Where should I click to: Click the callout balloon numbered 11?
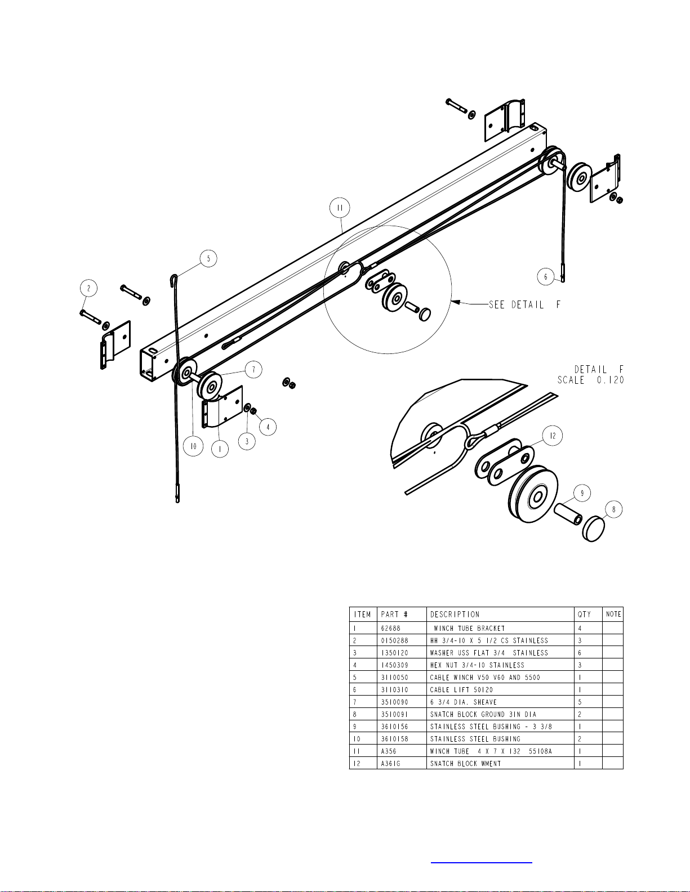tap(340, 208)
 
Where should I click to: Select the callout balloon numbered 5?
tap(208, 259)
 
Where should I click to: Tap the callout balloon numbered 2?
tap(89, 288)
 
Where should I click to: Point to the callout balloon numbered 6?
tap(546, 277)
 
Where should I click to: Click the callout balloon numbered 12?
tap(553, 436)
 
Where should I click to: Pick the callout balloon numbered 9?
tap(582, 492)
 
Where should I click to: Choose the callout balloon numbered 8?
tap(613, 509)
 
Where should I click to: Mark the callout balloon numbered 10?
tap(193, 446)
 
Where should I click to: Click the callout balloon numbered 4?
tap(268, 427)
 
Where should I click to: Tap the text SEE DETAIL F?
tap(524, 304)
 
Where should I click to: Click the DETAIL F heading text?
tap(599, 369)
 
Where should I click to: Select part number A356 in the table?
tap(388, 751)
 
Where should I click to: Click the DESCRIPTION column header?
tap(455, 615)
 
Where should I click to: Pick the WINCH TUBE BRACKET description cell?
tap(469, 629)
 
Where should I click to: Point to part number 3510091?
tap(395, 714)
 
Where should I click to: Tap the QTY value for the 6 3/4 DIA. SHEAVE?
tap(580, 702)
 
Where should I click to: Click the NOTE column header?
tap(613, 614)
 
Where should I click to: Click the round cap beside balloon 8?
tap(594, 530)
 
